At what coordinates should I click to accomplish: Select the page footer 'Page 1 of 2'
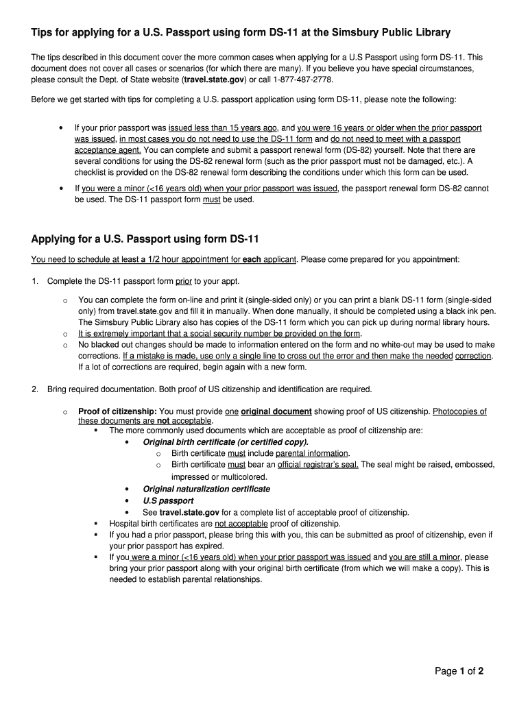coord(459,671)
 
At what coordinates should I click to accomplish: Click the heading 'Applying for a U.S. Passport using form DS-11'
coord(144,239)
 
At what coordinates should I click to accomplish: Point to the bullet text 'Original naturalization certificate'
coord(206,489)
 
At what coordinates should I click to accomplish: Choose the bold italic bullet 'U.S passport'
coord(168,500)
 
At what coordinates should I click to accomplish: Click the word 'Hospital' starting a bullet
coord(125,523)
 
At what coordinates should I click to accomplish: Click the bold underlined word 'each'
coord(253,260)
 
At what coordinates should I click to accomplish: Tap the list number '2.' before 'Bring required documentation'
coord(35,389)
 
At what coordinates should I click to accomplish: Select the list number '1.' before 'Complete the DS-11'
coord(35,281)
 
